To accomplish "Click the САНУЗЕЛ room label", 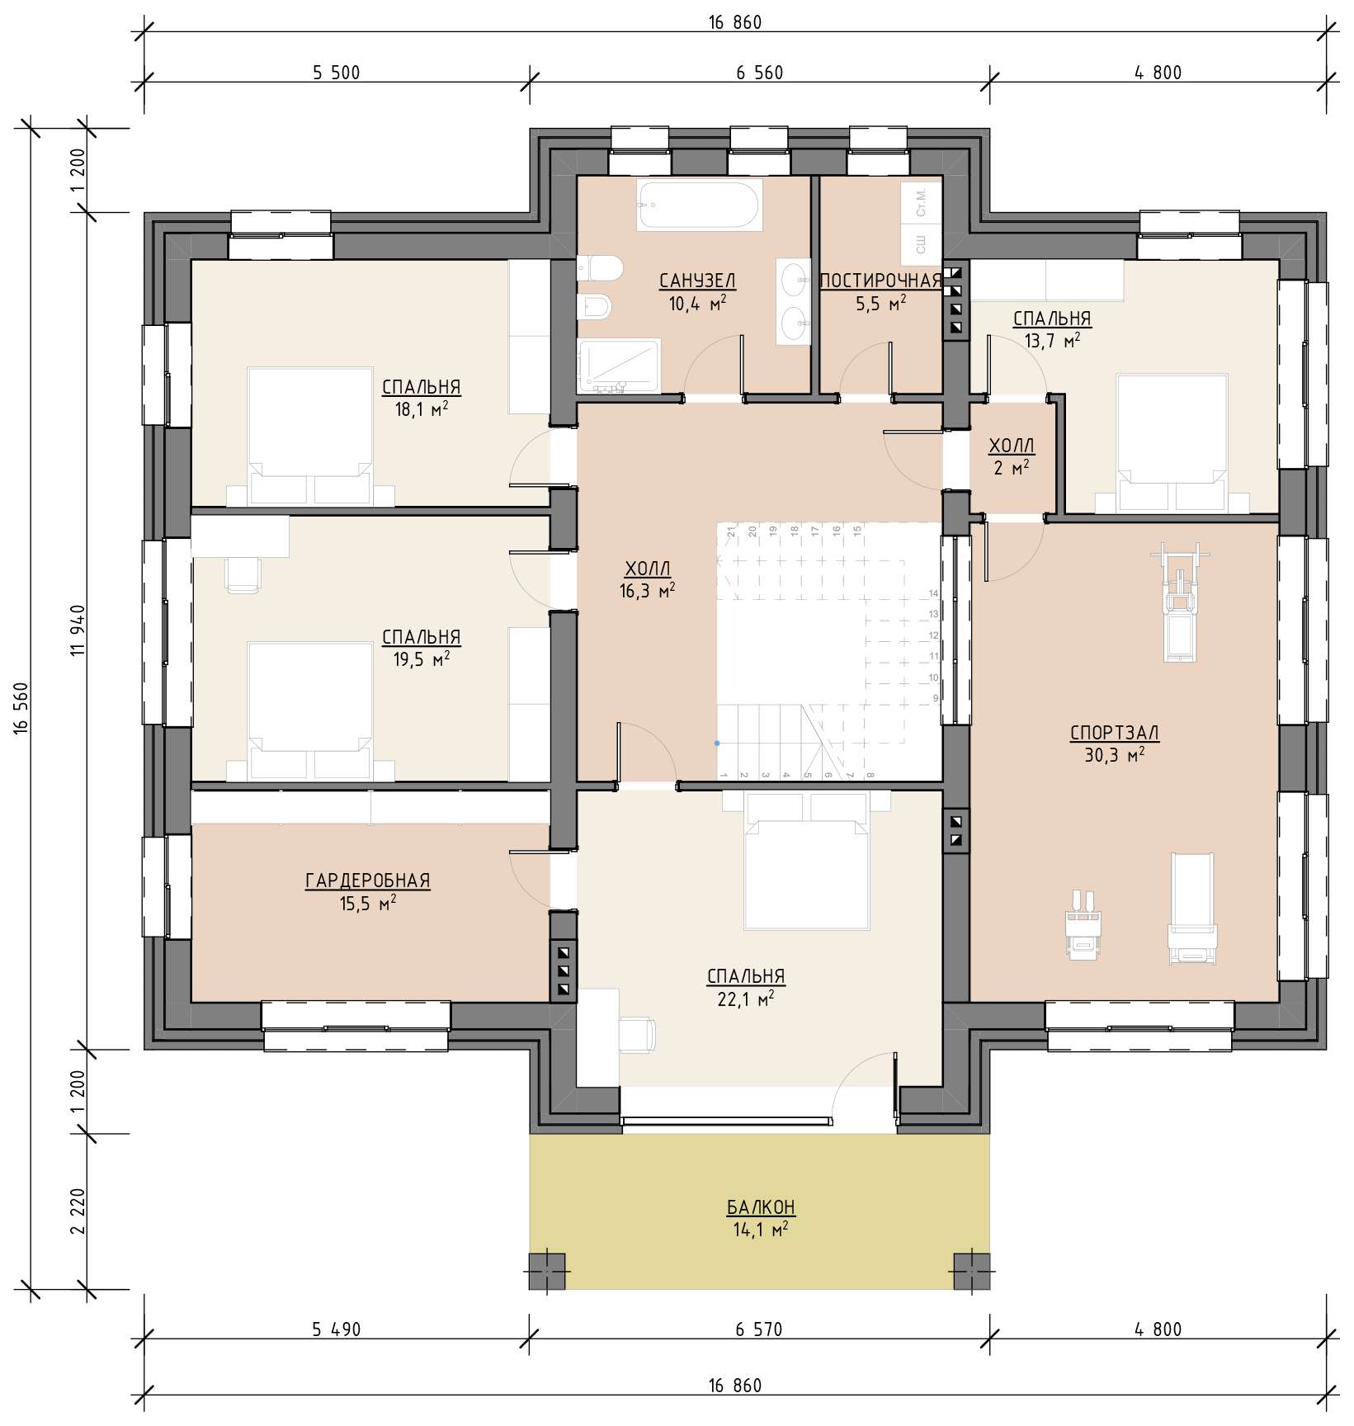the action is click(x=697, y=281).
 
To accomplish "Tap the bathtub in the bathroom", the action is click(x=700, y=205).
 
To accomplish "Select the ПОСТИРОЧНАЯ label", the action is click(x=880, y=281).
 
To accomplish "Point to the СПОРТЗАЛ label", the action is click(x=1114, y=732).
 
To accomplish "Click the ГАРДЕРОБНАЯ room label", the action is click(x=368, y=881).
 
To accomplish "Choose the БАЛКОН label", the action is click(x=761, y=1207).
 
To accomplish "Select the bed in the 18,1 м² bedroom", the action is click(x=310, y=437).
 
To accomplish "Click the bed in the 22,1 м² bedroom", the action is click(x=806, y=860).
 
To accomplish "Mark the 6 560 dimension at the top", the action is click(x=759, y=73).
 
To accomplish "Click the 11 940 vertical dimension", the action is click(x=78, y=630).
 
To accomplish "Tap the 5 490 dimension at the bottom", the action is click(x=337, y=1329).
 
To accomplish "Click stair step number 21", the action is click(x=731, y=532).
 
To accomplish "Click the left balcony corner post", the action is click(x=547, y=1271).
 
